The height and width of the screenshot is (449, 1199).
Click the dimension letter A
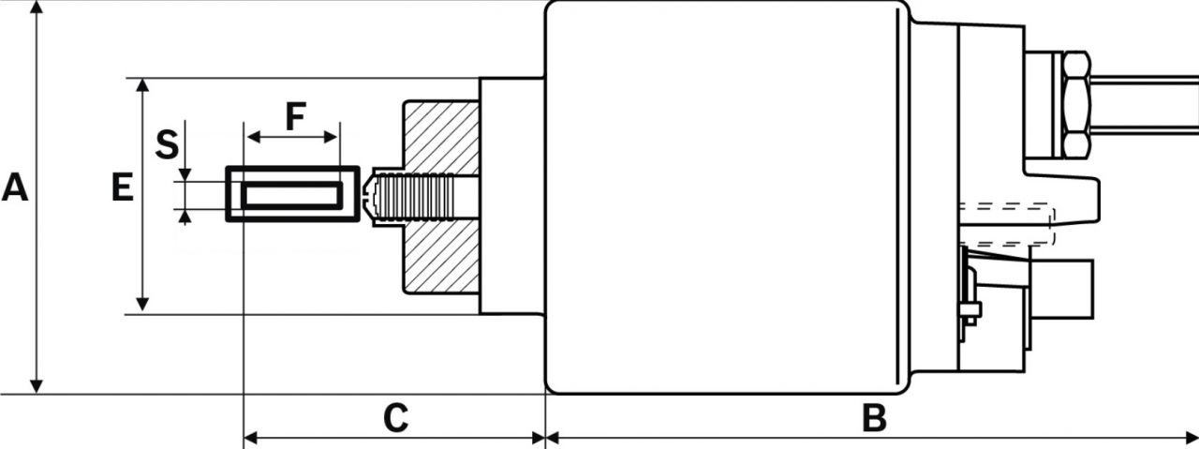click(x=14, y=187)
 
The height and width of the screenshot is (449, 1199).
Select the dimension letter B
click(x=874, y=418)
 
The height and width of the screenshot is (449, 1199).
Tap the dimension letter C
click(x=396, y=418)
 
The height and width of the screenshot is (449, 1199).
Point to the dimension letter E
click(x=123, y=187)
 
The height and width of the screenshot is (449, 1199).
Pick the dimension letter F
click(x=295, y=116)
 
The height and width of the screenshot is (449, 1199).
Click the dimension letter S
click(x=167, y=144)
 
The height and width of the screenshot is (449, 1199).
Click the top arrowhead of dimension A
click(x=37, y=7)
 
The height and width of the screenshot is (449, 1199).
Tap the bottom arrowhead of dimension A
click(x=37, y=386)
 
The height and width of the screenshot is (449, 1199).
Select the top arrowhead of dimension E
click(x=142, y=85)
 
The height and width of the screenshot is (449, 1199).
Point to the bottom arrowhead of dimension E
click(x=142, y=305)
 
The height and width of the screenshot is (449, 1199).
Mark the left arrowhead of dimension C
click(x=252, y=437)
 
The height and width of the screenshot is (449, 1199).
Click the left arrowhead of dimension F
click(x=254, y=137)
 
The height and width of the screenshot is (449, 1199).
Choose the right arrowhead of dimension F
click(x=331, y=137)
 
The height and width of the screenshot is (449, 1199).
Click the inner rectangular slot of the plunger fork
click(x=291, y=195)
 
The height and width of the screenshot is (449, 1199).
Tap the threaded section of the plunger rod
click(x=415, y=197)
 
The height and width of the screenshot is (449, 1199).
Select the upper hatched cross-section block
click(x=441, y=137)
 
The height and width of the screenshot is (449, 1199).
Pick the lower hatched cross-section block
click(x=441, y=257)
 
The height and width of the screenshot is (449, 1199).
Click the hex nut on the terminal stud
click(x=1076, y=104)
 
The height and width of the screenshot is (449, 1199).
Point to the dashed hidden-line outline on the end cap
click(x=1007, y=225)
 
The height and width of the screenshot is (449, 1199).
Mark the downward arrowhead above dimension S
click(x=185, y=174)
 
